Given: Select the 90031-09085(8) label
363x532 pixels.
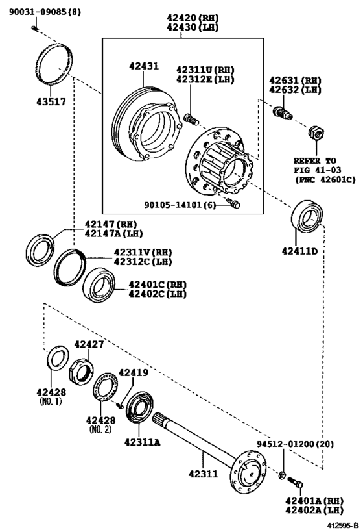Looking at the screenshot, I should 45,12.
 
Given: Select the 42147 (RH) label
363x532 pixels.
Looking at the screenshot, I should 113,225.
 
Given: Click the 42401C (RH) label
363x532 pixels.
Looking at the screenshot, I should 158,284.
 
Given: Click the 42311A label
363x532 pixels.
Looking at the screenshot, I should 142,442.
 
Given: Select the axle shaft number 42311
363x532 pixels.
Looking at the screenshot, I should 202,474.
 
